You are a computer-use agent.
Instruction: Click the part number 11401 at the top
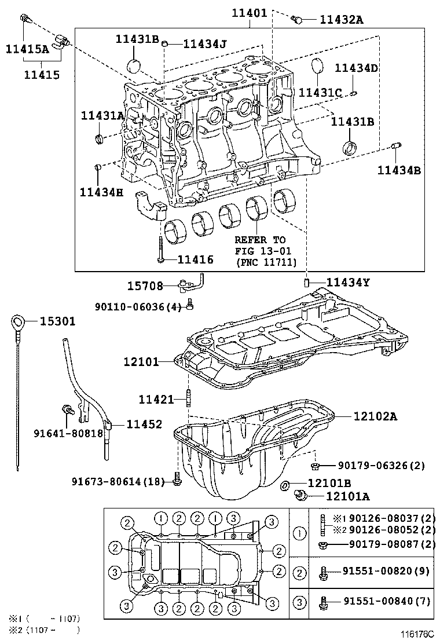tap(250, 11)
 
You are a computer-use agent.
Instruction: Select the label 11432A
tap(341, 20)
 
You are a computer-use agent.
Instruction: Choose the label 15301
tap(57, 321)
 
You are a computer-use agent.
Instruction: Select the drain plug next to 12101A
tap(300, 494)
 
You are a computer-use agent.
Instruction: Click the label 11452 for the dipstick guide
tap(141, 425)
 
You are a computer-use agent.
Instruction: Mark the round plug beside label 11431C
tap(317, 66)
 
